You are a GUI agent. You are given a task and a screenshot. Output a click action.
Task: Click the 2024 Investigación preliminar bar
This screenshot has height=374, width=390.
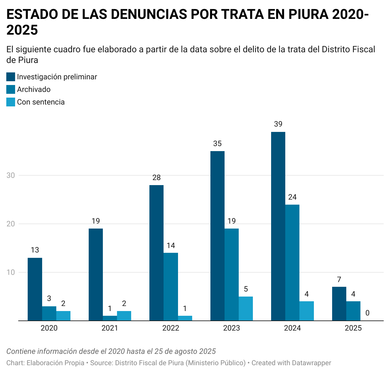(x=278, y=226)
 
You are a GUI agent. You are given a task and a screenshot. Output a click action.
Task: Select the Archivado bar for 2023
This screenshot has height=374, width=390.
(x=231, y=275)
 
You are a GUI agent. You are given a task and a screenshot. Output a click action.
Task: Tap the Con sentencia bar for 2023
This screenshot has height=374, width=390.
(x=246, y=309)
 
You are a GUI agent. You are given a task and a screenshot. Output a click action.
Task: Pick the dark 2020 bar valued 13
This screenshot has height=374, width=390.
(x=35, y=289)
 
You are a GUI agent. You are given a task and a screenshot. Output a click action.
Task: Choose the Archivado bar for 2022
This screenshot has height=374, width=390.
(x=171, y=286)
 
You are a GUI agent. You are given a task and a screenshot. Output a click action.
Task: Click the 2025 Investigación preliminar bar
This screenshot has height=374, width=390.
(x=339, y=303)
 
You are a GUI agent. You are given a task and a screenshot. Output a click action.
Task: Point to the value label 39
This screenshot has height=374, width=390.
(x=278, y=124)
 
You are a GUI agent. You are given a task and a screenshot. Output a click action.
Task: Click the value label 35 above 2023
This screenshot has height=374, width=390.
(x=217, y=144)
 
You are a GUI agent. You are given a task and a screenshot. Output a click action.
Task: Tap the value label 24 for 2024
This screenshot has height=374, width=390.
(x=292, y=197)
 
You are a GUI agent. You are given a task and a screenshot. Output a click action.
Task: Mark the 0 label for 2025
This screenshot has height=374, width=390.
(x=367, y=313)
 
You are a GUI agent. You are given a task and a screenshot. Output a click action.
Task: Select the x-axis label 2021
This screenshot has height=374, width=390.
(x=110, y=328)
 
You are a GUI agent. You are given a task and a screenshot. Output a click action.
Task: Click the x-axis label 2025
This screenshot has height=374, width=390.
(x=353, y=328)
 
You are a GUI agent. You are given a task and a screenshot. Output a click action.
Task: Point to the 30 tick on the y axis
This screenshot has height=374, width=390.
(x=11, y=175)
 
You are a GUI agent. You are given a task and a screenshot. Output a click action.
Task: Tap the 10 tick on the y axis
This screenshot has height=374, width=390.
(x=11, y=272)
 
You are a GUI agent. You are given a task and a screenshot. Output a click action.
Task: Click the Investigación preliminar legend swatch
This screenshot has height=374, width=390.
(x=11, y=77)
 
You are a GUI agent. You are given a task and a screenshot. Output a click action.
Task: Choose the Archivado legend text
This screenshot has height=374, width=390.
(x=34, y=89)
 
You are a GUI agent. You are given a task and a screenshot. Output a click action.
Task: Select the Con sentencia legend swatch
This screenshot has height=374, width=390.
(x=11, y=102)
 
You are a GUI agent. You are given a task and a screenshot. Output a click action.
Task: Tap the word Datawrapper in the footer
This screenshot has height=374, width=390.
(x=311, y=363)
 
